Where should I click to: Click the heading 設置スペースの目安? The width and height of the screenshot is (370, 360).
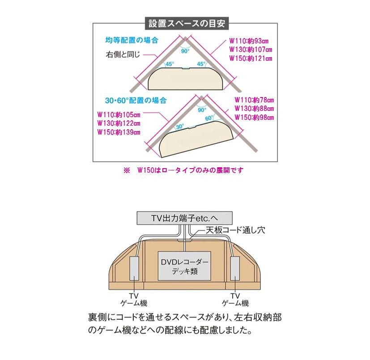coord(187,24)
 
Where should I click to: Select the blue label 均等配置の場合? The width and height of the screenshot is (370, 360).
coord(132,40)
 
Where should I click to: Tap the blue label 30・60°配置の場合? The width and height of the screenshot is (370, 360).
coord(136,101)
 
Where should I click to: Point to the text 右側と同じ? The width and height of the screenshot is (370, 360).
coord(123,55)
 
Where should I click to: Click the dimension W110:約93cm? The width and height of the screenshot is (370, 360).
coord(249,41)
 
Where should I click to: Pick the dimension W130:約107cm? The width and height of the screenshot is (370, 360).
coord(251,50)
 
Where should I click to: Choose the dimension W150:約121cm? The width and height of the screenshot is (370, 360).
coord(251,58)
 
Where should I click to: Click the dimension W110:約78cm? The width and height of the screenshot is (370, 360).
coord(254,100)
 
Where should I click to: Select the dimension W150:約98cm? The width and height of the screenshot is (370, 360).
coord(254,118)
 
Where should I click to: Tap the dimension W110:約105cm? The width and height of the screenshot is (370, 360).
coord(119,115)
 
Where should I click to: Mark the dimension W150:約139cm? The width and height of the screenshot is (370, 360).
coord(119,132)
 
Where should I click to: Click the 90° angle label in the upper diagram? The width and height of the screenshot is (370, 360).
coord(185,51)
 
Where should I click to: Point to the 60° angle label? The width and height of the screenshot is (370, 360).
coord(209,118)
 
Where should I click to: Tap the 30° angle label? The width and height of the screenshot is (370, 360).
coord(179,127)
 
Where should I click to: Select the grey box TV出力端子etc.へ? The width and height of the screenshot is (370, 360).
coord(184,218)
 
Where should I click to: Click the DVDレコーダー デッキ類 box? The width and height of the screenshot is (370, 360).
coord(184,266)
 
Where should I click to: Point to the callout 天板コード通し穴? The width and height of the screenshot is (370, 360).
coord(235,230)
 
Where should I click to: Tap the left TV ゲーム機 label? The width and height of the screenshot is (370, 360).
coord(134,299)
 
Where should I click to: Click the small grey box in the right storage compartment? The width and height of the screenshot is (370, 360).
coord(235,268)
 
